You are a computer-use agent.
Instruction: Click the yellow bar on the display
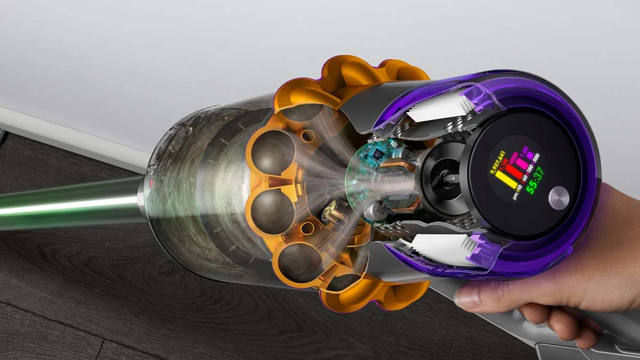tap(506, 179)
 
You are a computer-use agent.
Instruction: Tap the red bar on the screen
tap(515, 171)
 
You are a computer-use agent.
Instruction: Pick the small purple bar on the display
tap(531, 156)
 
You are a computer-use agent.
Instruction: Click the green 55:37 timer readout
tap(534, 181)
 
